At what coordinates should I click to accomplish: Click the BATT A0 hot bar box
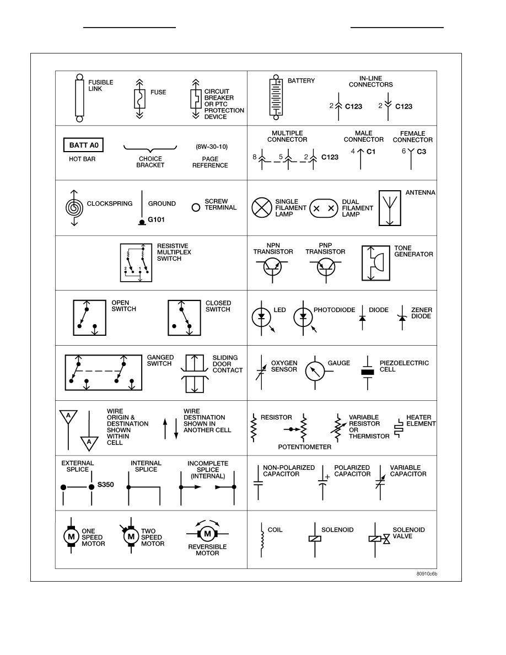pos(83,145)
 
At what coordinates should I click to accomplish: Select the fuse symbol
pos(139,99)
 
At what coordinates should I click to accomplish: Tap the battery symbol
pos(276,98)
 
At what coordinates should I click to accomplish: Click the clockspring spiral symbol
pos(74,208)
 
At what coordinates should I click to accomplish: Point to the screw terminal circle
pos(196,207)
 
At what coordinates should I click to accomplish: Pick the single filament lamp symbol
pos(262,208)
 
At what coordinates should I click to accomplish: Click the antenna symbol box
pos(390,208)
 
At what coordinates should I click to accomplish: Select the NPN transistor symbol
pos(272,267)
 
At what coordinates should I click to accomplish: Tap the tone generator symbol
pos(376,263)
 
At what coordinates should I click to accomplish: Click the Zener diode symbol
pos(402,318)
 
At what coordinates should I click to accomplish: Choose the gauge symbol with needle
pos(315,371)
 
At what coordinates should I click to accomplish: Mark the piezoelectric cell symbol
pos(368,373)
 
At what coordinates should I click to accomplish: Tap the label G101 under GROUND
pos(156,220)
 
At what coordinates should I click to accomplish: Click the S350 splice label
pos(106,485)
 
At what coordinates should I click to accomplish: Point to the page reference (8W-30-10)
pos(212,147)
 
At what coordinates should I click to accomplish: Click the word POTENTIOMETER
pos(305,447)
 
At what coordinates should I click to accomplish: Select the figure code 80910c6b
pos(427,574)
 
